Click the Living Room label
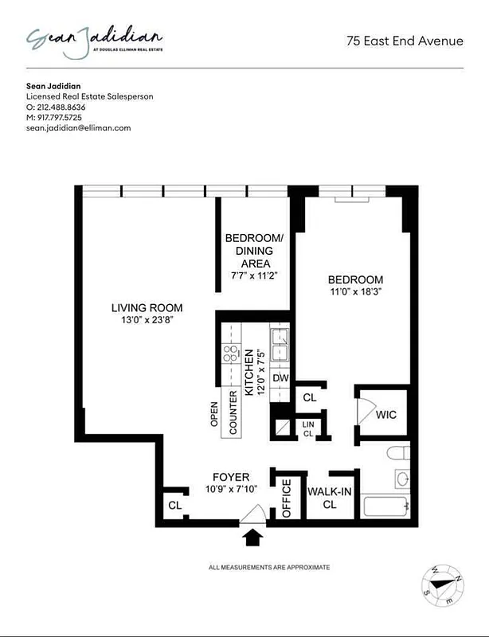coord(147,308)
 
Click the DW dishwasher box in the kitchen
coord(280,377)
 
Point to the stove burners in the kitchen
coord(231,354)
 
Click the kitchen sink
coord(280,345)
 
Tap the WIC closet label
coord(385,415)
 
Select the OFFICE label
coord(288,498)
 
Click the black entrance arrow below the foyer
coord(252,538)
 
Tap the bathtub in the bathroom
coord(385,506)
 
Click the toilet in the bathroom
coord(397,455)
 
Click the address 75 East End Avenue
coord(405,41)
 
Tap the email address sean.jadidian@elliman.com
coord(78,127)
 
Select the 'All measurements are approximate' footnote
coord(268,567)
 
